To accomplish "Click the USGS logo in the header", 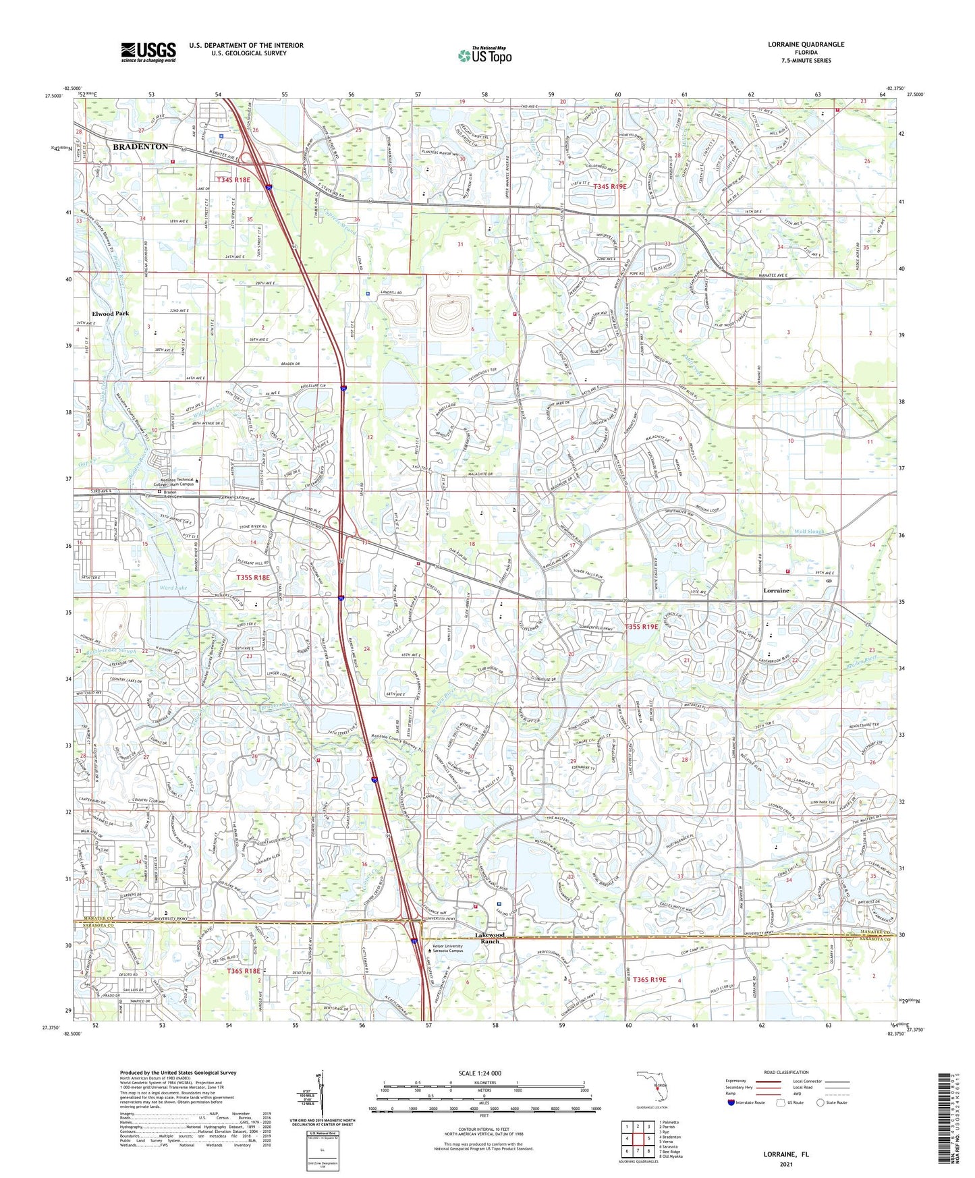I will pyautogui.click(x=148, y=52).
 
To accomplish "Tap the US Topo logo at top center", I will pyautogui.click(x=484, y=55).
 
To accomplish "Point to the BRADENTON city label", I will pyautogui.click(x=140, y=146).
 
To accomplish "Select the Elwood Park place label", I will pyautogui.click(x=110, y=314).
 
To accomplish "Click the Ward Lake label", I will pyautogui.click(x=173, y=588).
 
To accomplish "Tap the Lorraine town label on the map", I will pyautogui.click(x=776, y=590).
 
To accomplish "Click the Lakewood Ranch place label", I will pyautogui.click(x=489, y=938).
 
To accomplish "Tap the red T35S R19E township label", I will pyautogui.click(x=641, y=627).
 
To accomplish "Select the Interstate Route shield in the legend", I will pyautogui.click(x=732, y=1102).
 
